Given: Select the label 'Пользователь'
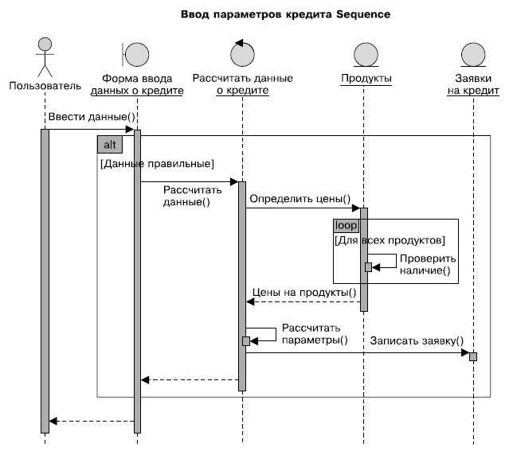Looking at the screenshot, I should (x=45, y=84).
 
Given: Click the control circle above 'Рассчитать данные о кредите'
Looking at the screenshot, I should (x=242, y=53).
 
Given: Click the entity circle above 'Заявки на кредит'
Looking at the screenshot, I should (x=472, y=54).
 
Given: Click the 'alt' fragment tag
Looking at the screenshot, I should (x=108, y=144).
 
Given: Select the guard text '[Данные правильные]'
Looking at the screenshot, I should (x=156, y=164).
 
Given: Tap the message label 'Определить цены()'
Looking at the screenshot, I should (x=300, y=197).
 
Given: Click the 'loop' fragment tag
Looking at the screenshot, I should (x=347, y=226).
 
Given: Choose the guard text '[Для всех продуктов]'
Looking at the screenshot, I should (x=390, y=240).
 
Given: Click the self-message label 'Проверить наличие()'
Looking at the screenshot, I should (x=428, y=265).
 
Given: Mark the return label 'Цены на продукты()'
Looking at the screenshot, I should (x=303, y=292).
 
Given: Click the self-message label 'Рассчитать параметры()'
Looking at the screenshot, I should (x=311, y=333).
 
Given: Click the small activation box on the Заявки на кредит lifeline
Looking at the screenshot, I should (x=473, y=356).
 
